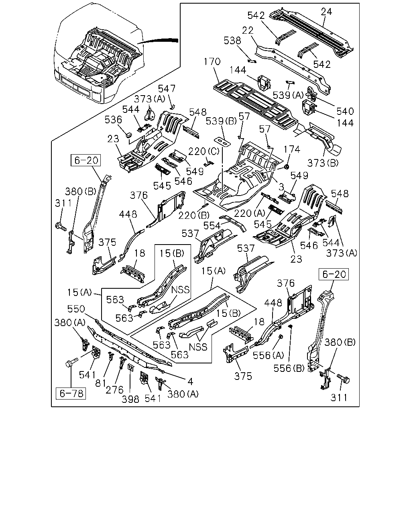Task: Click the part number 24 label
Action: tap(326, 12)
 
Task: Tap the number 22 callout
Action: tap(248, 31)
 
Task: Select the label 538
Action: tap(232, 41)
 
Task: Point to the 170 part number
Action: tap(212, 61)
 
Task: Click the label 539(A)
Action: tap(288, 95)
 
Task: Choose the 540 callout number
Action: tap(345, 111)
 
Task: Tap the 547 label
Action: tap(167, 89)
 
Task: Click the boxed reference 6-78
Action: tap(71, 394)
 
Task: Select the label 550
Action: tap(76, 309)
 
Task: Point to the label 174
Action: tap(292, 149)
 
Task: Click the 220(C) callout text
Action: tap(203, 151)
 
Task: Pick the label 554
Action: tap(212, 225)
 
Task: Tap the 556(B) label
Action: tap(289, 368)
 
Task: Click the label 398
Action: tap(130, 399)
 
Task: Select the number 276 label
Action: tap(114, 390)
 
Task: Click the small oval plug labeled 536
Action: tap(129, 135)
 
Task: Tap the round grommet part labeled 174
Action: tap(287, 166)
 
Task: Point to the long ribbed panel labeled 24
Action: tap(311, 33)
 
